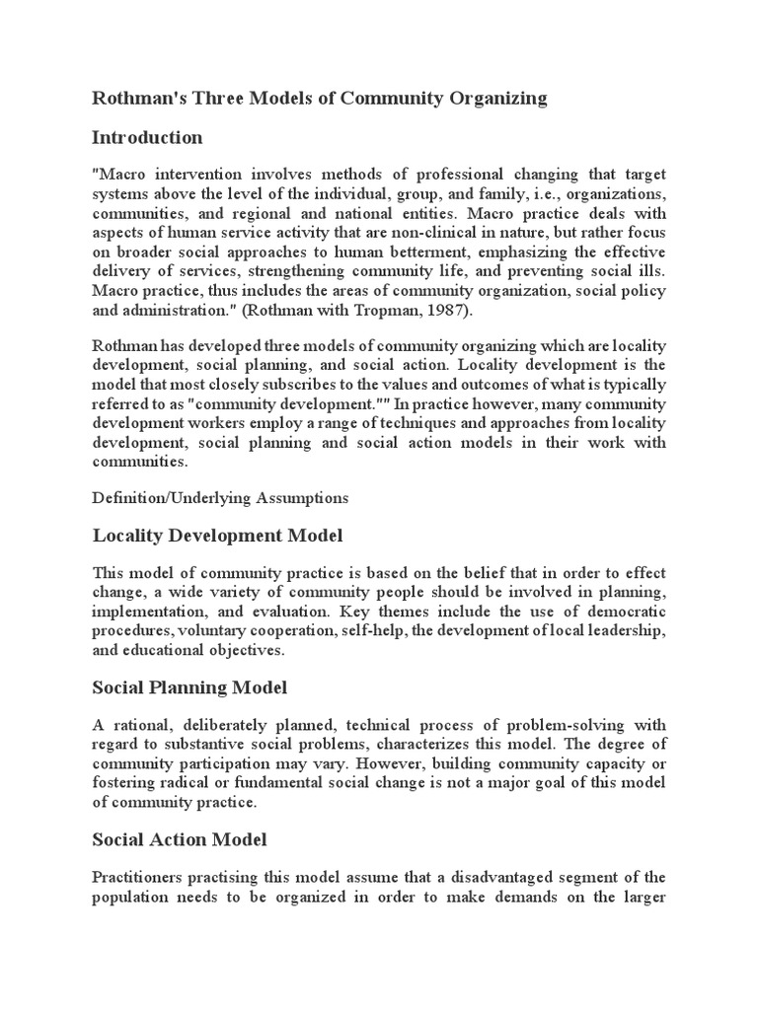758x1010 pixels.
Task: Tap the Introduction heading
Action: point(147,136)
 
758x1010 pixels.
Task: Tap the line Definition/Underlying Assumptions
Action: point(220,498)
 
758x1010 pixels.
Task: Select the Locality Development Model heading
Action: point(217,536)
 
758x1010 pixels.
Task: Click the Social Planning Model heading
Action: point(189,686)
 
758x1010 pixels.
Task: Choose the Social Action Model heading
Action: point(180,839)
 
